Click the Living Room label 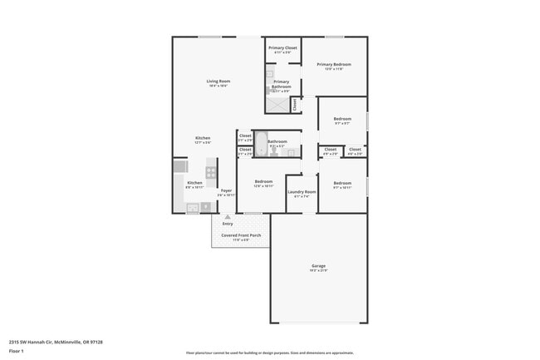(218, 81)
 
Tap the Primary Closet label (282, 48)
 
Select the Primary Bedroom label (334, 64)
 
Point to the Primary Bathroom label (282, 83)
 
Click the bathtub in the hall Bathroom (261, 144)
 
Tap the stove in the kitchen (211, 173)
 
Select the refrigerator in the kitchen (180, 166)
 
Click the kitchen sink (193, 208)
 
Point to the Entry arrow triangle (227, 216)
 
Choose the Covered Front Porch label (241, 235)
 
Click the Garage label (318, 266)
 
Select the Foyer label (226, 191)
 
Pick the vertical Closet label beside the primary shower (295, 105)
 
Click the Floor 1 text (17, 351)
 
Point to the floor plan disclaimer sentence (270, 353)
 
